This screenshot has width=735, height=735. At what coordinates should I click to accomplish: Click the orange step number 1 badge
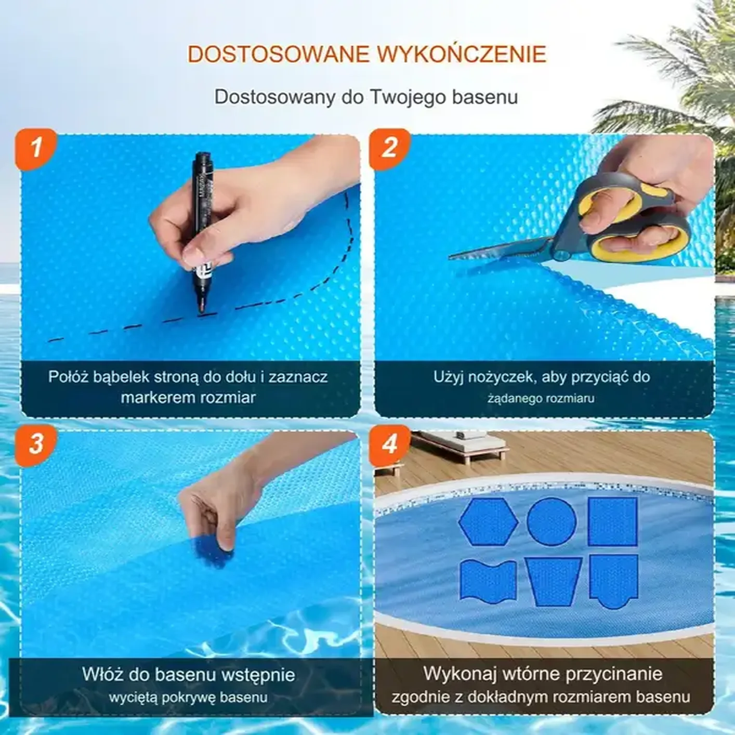pos(35,149)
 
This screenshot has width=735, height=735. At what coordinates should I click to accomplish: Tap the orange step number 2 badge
pos(389,149)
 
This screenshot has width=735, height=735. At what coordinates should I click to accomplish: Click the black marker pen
pos(203,233)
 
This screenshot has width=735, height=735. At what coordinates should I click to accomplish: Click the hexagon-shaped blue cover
pos(488,521)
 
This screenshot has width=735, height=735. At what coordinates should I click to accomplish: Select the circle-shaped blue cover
pos(552,521)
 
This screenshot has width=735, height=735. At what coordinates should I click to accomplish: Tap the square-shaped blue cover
pos(612,521)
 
